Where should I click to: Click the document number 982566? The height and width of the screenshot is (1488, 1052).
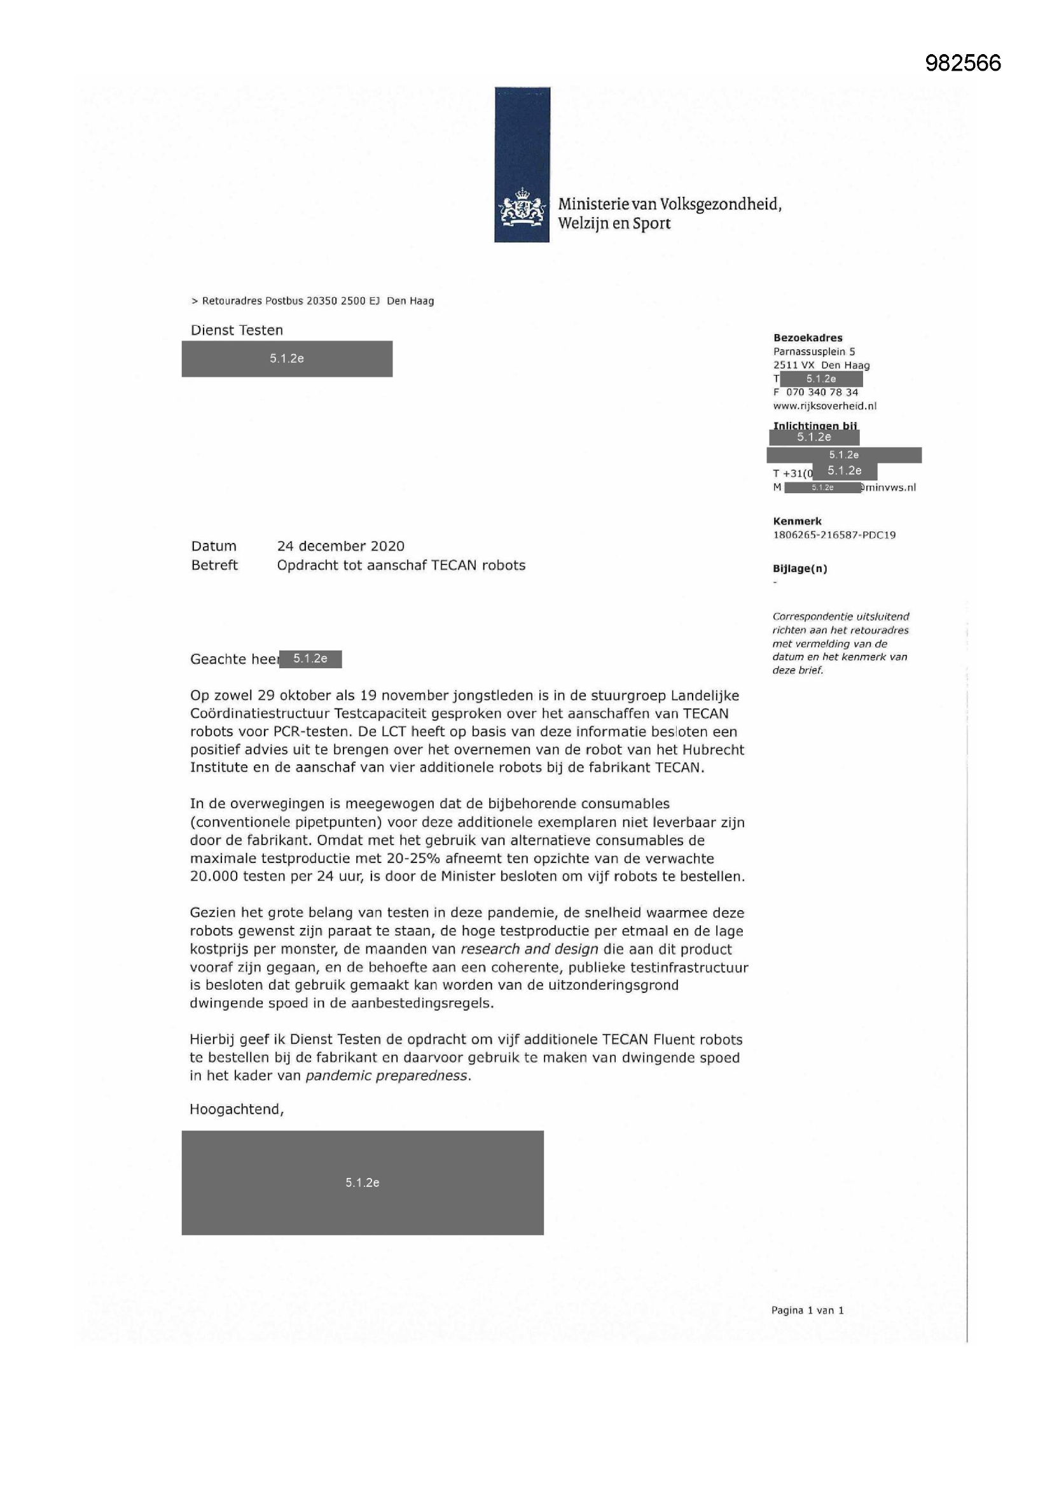(962, 63)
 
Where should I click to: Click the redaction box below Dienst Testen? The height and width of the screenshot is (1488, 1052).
(287, 358)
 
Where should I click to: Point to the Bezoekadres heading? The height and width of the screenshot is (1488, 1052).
(807, 338)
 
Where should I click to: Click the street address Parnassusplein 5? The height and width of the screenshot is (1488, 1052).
(813, 351)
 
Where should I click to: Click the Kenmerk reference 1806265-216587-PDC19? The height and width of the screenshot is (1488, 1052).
(834, 535)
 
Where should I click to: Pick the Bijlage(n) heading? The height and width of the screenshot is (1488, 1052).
(799, 568)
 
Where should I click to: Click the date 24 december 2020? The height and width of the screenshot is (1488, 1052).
(340, 545)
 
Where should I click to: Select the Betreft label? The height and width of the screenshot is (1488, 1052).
(214, 565)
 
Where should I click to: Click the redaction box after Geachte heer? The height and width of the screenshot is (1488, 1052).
(310, 659)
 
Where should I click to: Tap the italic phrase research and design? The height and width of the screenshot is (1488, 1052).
(529, 949)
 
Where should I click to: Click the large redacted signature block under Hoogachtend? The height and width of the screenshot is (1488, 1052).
(362, 1182)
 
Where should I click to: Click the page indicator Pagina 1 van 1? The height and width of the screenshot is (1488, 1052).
(807, 1310)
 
